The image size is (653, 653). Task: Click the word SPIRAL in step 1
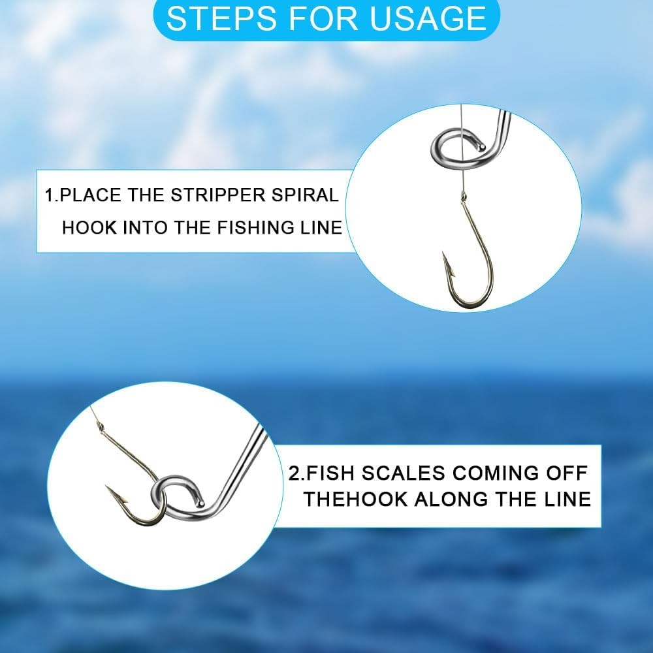click(306, 195)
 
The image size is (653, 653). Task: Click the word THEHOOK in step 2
click(355, 500)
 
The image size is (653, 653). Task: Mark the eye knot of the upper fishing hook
click(463, 195)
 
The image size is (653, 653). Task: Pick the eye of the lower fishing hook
click(100, 426)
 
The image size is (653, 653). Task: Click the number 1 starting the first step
click(48, 195)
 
